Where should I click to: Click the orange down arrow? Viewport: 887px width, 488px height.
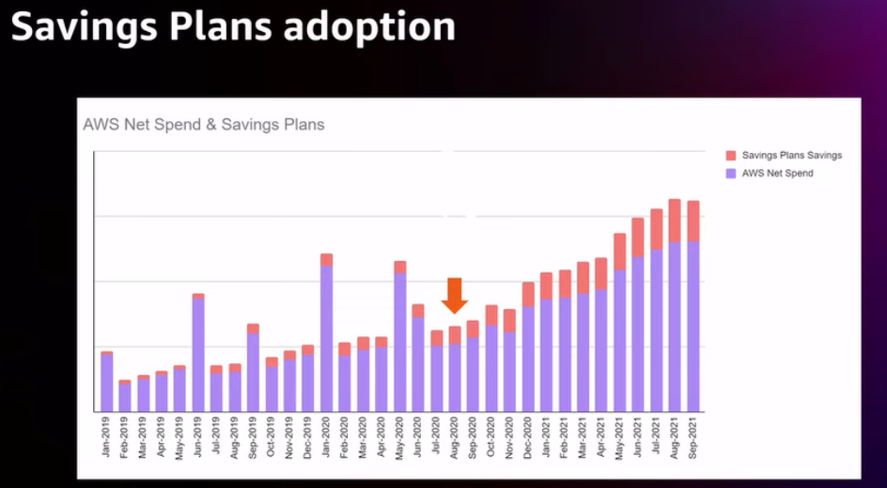coord(454,295)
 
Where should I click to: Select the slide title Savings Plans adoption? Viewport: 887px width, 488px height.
coord(233,26)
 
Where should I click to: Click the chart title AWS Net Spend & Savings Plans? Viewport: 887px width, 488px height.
coord(204,125)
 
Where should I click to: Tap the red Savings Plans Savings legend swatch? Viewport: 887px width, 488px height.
coord(731,156)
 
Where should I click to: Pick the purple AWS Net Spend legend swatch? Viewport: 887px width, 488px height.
coord(731,174)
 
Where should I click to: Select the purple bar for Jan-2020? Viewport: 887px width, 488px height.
coord(326,339)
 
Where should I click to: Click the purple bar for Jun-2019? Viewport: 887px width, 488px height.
coord(198,355)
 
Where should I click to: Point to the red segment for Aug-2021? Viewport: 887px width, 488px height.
coord(675,221)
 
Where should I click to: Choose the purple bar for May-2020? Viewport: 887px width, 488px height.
coord(399,343)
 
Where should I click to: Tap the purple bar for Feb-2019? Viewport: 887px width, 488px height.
coord(125,398)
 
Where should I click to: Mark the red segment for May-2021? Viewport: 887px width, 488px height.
coord(619,252)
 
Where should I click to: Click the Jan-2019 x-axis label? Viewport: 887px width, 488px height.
coord(106,436)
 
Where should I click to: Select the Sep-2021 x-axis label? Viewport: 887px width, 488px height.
coord(693,436)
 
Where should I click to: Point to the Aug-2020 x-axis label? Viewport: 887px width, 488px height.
coord(455,436)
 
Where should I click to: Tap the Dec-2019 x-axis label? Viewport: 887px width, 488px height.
coord(308,436)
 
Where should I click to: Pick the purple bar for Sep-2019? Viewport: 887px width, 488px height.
coord(253,373)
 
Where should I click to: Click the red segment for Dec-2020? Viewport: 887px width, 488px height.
coord(528,295)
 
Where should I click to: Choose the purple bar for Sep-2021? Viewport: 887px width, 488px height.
coord(693,327)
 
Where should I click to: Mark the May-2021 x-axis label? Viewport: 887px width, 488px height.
coord(619,436)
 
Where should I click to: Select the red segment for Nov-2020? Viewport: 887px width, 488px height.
coord(509,321)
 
